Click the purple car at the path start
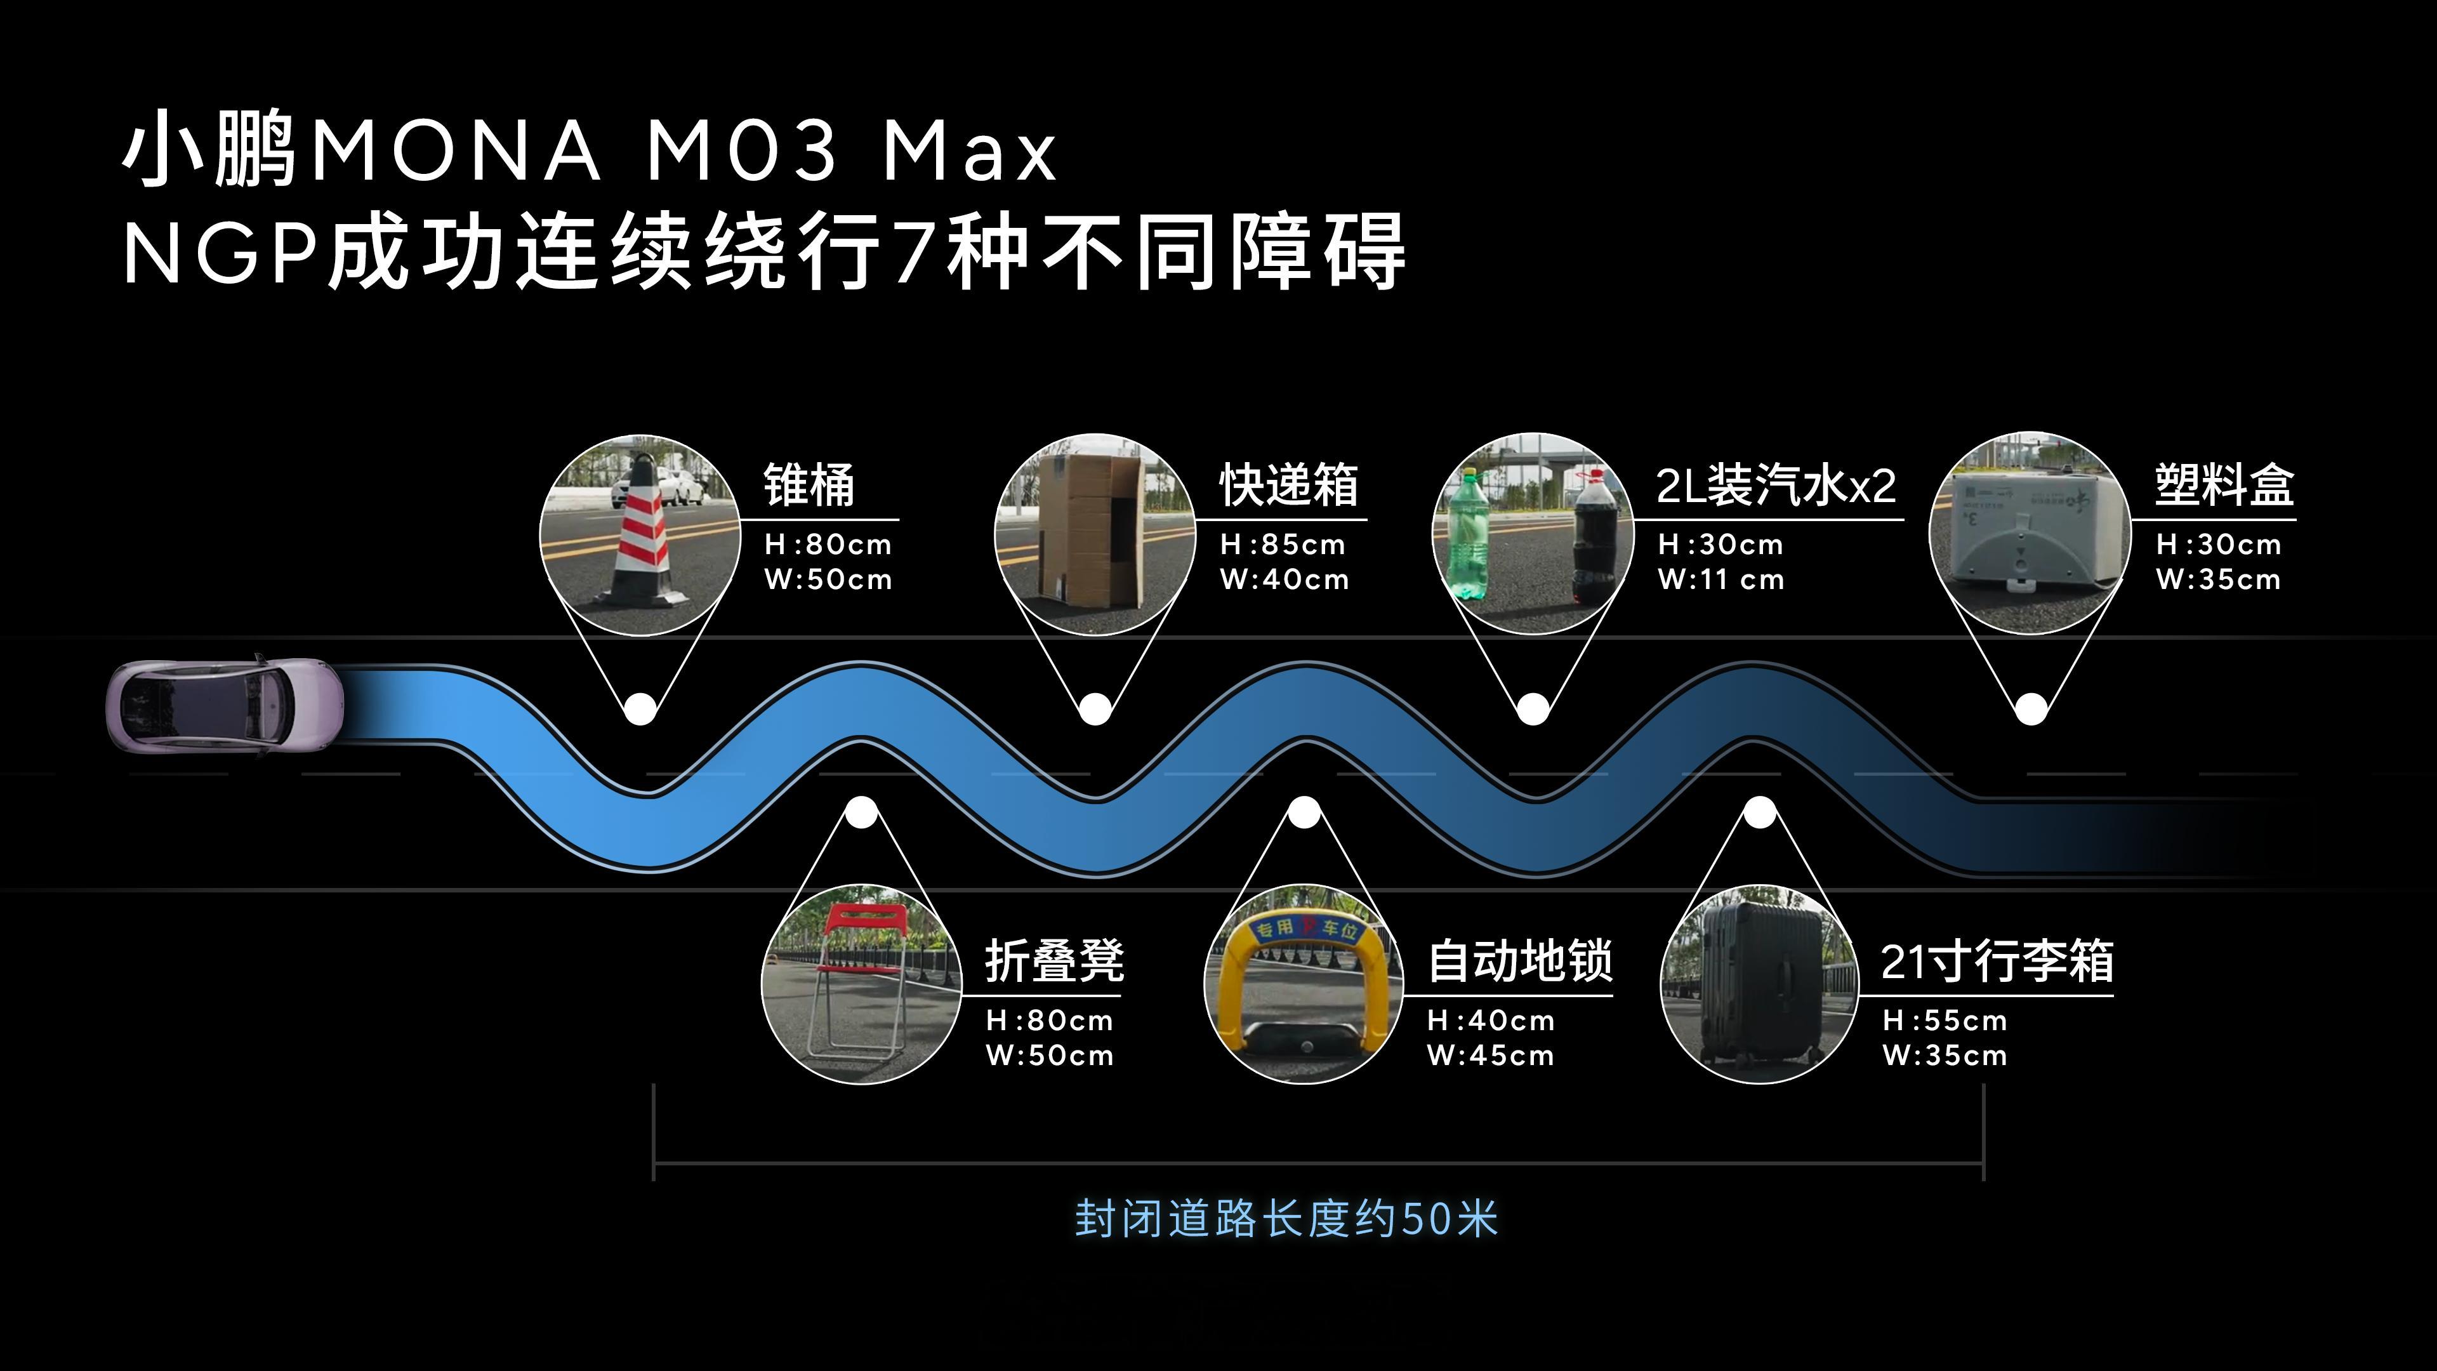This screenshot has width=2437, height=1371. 224,705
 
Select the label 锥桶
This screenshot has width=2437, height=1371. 809,486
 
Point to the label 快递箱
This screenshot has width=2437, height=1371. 1288,486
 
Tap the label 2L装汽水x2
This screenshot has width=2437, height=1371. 1776,486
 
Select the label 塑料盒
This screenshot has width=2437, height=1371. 2224,486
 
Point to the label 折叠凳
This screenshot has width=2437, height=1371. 1055,962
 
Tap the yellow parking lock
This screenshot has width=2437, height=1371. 1304,984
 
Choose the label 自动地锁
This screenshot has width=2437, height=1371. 1519,962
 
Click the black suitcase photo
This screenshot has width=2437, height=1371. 1760,984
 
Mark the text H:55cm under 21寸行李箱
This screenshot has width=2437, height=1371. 1944,1021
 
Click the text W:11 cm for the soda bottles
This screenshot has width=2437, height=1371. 1721,579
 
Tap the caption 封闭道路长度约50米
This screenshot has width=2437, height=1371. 1286,1219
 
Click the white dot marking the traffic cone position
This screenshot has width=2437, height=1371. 640,708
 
